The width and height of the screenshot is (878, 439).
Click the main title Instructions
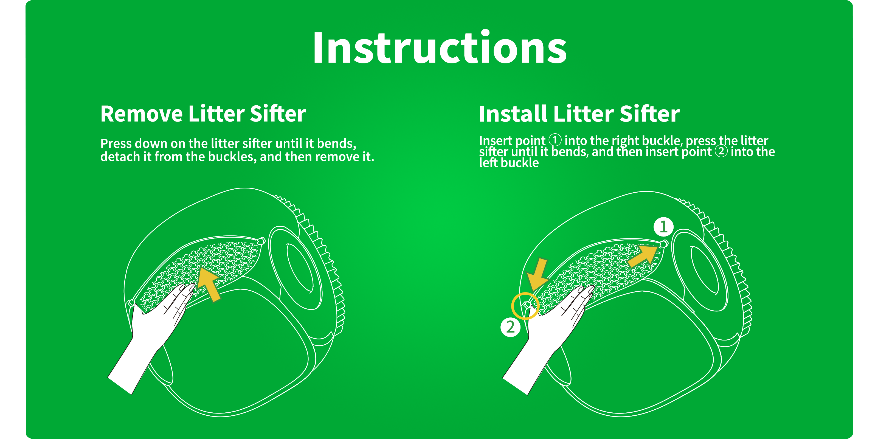click(x=439, y=48)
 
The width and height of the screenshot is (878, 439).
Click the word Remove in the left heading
click(x=142, y=114)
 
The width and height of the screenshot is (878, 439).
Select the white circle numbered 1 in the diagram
click(x=663, y=227)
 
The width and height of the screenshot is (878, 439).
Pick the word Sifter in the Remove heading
click(x=278, y=114)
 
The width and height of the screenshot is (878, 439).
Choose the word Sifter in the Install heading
click(x=649, y=114)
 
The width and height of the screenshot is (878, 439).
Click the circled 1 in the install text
click(x=555, y=140)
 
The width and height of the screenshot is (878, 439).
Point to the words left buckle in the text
click(x=509, y=163)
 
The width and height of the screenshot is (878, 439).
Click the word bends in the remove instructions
click(x=336, y=143)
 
